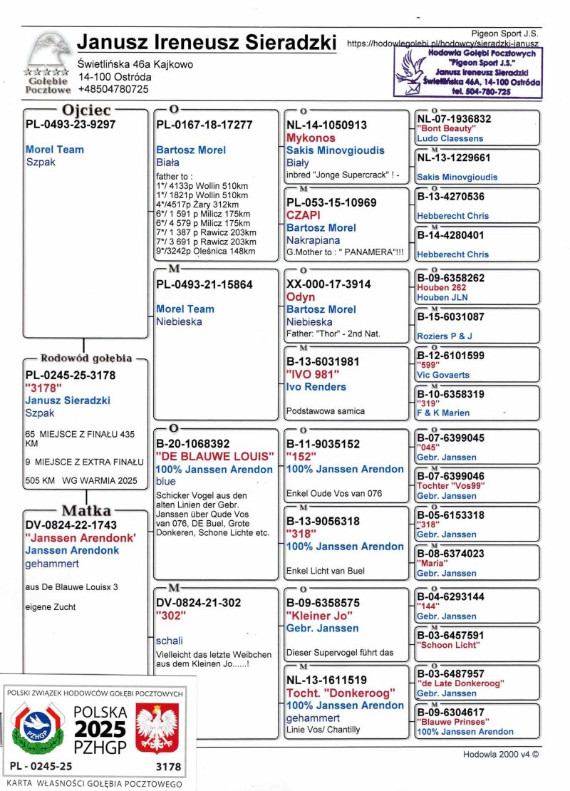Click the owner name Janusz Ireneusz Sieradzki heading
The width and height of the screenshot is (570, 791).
[206, 42]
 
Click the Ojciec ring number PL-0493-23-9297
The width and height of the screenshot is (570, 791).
[71, 125]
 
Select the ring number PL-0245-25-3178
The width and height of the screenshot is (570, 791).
[71, 375]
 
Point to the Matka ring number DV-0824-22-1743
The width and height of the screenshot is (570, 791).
[71, 524]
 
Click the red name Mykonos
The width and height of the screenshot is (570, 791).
[311, 138]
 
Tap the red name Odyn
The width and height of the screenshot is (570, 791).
[301, 296]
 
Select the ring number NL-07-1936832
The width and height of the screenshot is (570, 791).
[454, 119]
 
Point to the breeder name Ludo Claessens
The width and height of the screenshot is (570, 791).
[450, 138]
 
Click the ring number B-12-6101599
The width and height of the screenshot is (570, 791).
[451, 355]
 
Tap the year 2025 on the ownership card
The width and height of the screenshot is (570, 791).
[100, 729]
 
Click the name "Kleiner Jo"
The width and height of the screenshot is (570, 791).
[320, 615]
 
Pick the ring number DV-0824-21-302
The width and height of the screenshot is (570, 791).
[198, 603]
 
